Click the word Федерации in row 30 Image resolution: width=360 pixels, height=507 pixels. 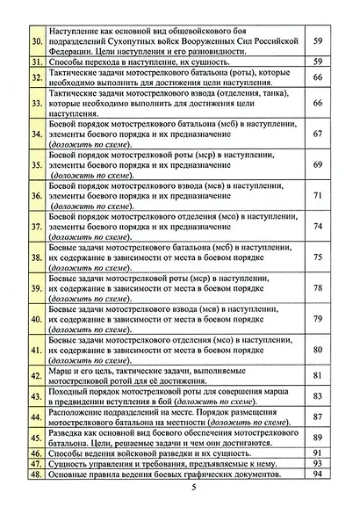[x=76, y=51]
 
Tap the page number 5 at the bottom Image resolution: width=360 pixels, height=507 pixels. [x=180, y=490]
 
